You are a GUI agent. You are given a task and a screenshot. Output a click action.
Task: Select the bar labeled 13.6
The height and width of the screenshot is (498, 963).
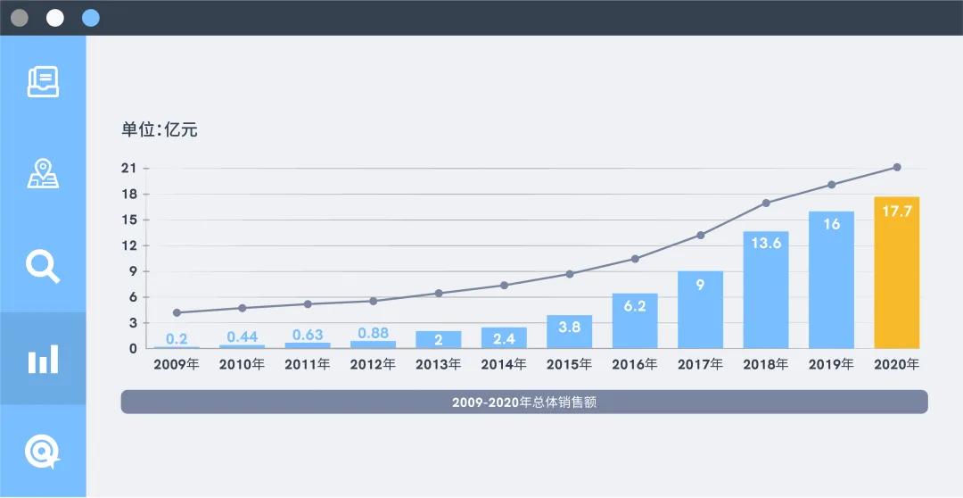(x=766, y=290)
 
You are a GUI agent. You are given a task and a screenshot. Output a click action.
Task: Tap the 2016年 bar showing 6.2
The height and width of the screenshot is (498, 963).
(x=635, y=321)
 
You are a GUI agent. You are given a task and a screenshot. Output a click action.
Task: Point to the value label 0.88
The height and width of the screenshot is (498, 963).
(x=373, y=334)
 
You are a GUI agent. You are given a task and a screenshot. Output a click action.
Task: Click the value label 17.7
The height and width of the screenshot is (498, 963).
(x=896, y=212)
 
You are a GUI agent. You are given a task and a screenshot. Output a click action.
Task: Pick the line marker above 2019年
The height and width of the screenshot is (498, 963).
(x=831, y=185)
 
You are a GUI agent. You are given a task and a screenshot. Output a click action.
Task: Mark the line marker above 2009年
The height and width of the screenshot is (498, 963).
(x=177, y=312)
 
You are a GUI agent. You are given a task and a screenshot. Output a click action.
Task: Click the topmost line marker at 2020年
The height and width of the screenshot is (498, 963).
(x=897, y=167)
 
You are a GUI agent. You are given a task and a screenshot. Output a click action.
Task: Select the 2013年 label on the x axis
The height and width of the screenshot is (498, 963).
(x=438, y=365)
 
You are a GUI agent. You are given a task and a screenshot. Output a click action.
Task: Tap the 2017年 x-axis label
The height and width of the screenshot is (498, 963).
(x=700, y=365)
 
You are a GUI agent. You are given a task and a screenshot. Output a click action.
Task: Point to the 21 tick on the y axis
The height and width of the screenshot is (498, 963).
(x=128, y=169)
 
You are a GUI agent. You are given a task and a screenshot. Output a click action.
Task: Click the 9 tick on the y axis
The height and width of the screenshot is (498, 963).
(x=133, y=271)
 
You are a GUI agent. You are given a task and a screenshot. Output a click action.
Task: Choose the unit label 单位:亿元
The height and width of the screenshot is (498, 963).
(x=160, y=130)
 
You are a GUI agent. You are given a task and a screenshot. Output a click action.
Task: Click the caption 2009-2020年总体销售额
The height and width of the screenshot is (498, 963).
(x=523, y=403)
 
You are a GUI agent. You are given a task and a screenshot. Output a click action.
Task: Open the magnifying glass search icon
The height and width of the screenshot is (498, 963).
(x=43, y=266)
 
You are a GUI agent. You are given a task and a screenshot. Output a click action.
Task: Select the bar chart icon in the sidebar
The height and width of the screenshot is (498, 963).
(x=43, y=359)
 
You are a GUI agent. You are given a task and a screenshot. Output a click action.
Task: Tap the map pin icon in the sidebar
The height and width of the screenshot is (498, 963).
(x=43, y=173)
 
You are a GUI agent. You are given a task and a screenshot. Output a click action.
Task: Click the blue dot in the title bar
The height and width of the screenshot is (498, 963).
(x=90, y=18)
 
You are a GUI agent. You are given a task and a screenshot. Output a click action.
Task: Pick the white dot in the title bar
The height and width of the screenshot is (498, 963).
(x=55, y=18)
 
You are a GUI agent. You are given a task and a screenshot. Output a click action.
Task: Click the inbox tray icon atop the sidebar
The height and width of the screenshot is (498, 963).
(x=43, y=81)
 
